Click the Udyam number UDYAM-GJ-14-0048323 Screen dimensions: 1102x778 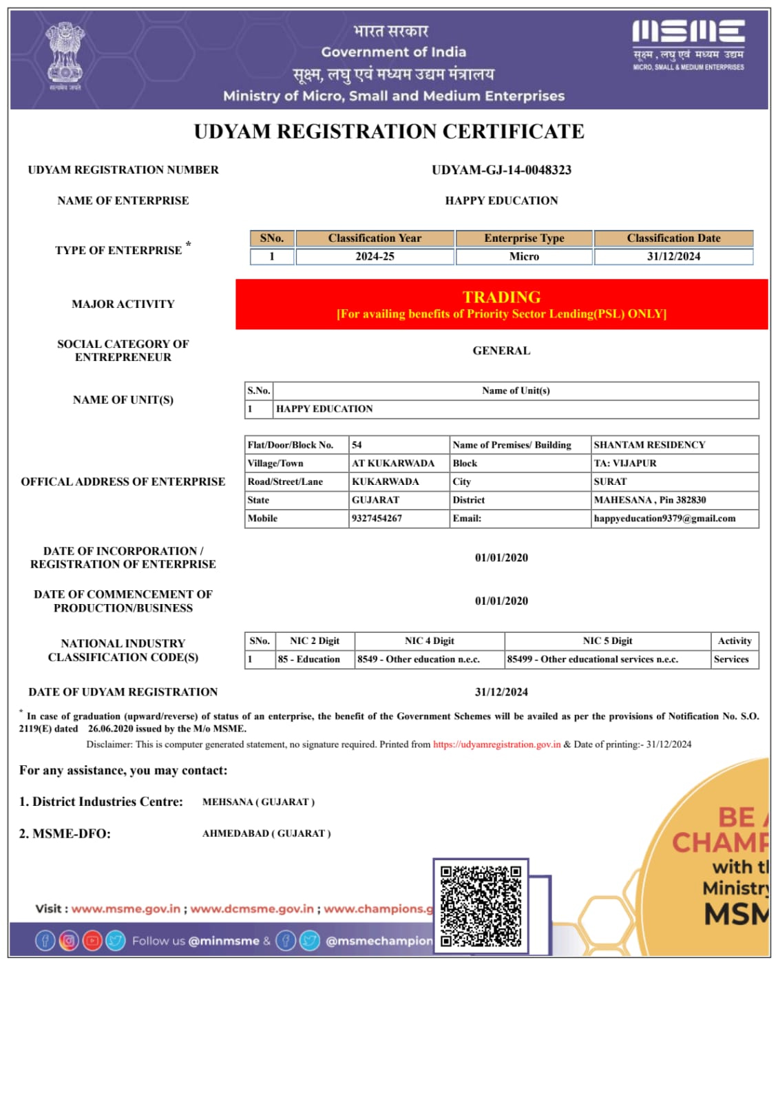pos(501,170)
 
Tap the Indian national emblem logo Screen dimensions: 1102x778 pos(65,55)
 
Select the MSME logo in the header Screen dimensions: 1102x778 pos(688,45)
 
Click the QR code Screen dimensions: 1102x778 pos(481,906)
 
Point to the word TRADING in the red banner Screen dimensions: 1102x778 pos(501,297)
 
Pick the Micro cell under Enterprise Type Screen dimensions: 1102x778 pos(524,256)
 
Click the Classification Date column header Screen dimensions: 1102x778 pos(673,238)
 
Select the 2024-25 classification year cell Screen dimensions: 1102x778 pos(375,256)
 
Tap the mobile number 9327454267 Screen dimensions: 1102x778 pos(377,518)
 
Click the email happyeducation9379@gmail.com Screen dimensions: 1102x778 pos(664,518)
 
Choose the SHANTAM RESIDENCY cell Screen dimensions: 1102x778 pos(649,445)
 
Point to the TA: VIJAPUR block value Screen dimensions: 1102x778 pos(625,463)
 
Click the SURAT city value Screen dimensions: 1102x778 pos(610,481)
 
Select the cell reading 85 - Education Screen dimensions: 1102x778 pos(308,659)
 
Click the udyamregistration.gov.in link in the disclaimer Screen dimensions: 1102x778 pos(496,745)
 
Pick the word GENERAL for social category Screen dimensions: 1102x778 pos(501,351)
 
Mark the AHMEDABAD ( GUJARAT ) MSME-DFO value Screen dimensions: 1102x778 pos(266,833)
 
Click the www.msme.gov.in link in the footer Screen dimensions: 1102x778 pos(126,909)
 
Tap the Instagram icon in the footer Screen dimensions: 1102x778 pos(69,940)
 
